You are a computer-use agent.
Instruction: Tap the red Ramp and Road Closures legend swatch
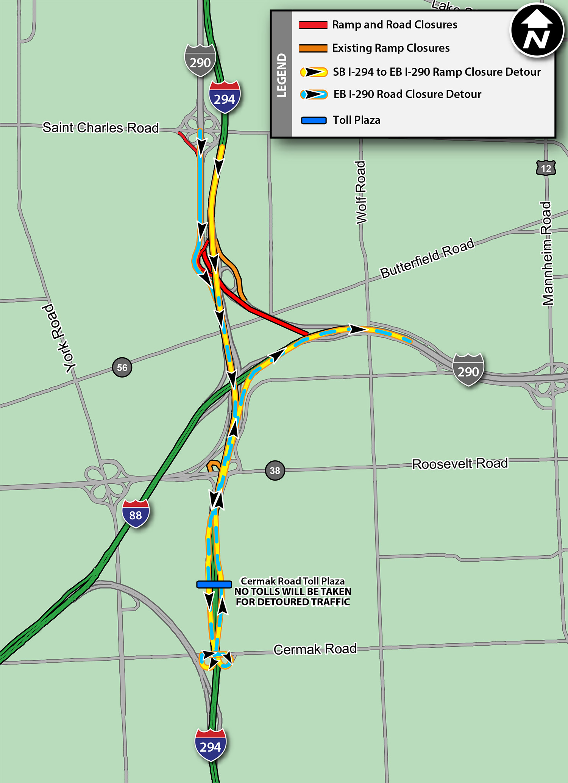(x=313, y=25)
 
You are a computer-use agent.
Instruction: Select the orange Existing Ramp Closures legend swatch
(x=313, y=48)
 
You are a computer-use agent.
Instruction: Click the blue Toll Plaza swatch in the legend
(x=314, y=120)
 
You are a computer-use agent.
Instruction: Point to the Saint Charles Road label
(x=100, y=128)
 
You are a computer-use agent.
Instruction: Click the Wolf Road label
(x=361, y=192)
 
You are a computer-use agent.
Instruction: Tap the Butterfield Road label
(x=427, y=258)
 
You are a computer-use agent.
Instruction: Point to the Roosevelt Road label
(x=460, y=464)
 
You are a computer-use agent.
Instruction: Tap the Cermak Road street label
(x=315, y=649)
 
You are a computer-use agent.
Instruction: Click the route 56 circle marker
(x=122, y=367)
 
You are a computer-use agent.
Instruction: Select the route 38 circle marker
(x=275, y=470)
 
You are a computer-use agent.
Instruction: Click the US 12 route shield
(x=546, y=168)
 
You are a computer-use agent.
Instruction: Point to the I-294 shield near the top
(x=225, y=97)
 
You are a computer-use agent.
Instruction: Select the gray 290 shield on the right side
(x=468, y=369)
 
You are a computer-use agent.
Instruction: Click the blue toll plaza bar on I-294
(x=214, y=585)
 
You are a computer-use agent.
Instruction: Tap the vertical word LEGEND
(x=282, y=75)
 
